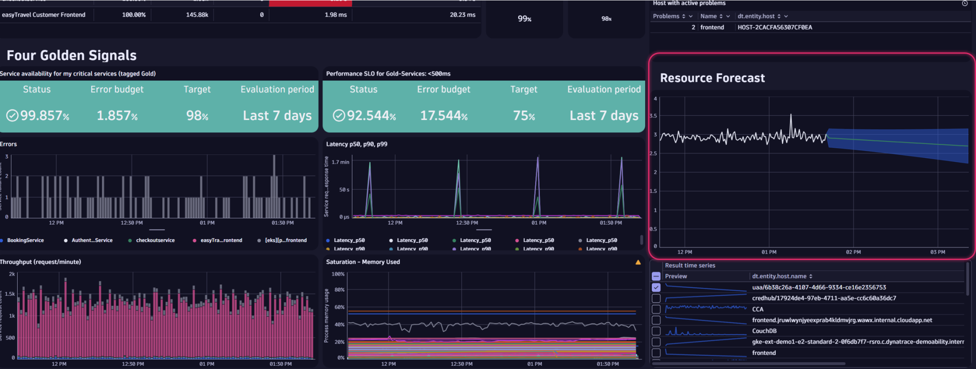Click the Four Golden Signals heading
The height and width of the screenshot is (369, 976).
pyautogui.click(x=71, y=56)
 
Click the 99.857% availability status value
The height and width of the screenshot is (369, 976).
pyautogui.click(x=39, y=116)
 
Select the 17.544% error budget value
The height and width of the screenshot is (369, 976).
pyautogui.click(x=444, y=116)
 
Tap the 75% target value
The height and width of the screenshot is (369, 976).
pyautogui.click(x=524, y=116)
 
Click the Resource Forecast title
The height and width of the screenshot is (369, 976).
pyautogui.click(x=712, y=78)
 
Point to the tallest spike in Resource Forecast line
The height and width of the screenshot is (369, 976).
pyautogui.click(x=791, y=115)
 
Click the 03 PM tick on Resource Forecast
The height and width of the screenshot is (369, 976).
pyautogui.click(x=937, y=252)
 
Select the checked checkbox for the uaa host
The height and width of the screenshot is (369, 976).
pyautogui.click(x=656, y=287)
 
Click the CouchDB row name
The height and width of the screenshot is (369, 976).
pyautogui.click(x=764, y=331)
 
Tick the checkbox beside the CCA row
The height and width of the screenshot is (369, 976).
pyautogui.click(x=656, y=309)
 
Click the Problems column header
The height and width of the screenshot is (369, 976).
pyautogui.click(x=666, y=16)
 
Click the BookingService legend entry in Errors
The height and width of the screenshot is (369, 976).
pyautogui.click(x=25, y=240)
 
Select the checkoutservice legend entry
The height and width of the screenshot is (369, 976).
pyautogui.click(x=155, y=240)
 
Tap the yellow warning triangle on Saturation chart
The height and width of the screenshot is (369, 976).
pyautogui.click(x=638, y=262)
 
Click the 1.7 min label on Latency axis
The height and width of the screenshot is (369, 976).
pyautogui.click(x=340, y=162)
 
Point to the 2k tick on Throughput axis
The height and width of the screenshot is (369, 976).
pyautogui.click(x=12, y=274)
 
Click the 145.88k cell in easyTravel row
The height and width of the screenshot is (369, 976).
pyautogui.click(x=197, y=15)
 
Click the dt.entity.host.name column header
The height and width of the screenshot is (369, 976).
pyautogui.click(x=779, y=276)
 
